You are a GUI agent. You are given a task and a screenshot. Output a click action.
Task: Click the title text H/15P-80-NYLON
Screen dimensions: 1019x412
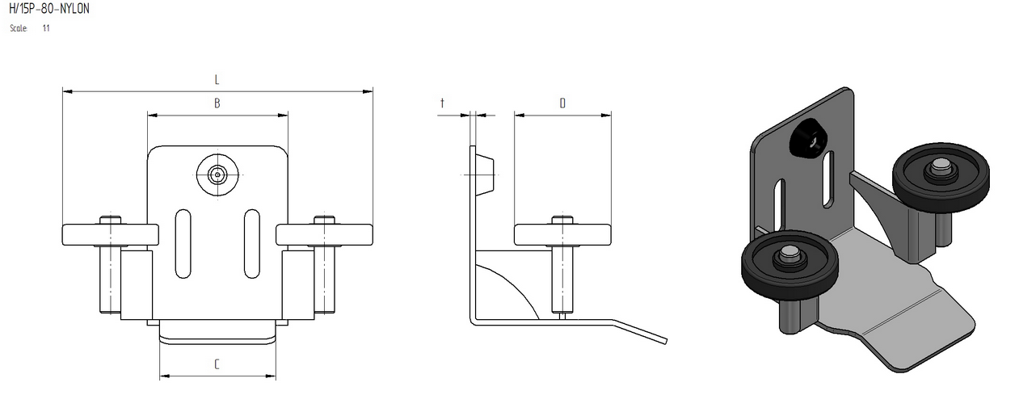pos(49,9)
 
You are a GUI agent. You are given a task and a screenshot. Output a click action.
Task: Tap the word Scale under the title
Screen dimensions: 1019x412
pos(19,28)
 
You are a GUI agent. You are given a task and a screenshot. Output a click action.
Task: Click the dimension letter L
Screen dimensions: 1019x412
pos(217,80)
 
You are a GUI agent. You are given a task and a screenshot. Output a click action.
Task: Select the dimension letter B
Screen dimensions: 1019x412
pos(217,103)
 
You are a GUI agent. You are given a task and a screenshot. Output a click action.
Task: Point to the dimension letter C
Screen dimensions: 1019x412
pos(217,364)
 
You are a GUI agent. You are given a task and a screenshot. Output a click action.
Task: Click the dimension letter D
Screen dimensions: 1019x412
pos(562,103)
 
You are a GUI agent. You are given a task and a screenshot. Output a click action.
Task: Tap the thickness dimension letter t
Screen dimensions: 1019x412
pos(442,103)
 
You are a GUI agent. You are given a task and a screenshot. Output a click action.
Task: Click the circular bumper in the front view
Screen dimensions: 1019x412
pos(217,174)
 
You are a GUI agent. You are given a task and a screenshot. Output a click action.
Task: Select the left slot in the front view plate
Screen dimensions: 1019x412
pos(183,244)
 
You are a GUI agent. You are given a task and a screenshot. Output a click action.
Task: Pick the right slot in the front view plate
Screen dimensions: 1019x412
pos(252,244)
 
